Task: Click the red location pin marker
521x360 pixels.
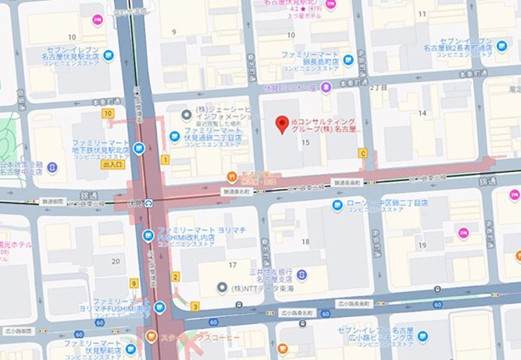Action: click(x=283, y=123)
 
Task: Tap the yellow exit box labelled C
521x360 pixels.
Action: click(x=362, y=153)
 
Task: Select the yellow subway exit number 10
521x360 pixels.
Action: click(x=108, y=113)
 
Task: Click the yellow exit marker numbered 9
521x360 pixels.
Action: click(x=134, y=283)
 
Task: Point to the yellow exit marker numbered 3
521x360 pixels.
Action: click(x=194, y=306)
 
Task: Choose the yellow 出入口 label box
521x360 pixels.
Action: click(x=112, y=165)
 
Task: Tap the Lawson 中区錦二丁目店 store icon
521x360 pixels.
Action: click(x=337, y=207)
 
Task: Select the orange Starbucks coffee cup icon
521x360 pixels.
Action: click(x=152, y=337)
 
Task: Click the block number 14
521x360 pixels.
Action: click(x=423, y=114)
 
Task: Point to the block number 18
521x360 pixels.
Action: click(x=305, y=242)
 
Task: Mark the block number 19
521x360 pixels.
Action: click(x=422, y=245)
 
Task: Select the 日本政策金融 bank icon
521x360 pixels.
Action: click(x=52, y=168)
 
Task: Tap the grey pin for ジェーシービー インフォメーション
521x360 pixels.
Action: click(x=186, y=115)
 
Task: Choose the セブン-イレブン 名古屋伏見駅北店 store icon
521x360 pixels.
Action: click(x=109, y=55)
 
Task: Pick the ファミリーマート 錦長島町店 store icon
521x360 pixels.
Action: click(x=348, y=59)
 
